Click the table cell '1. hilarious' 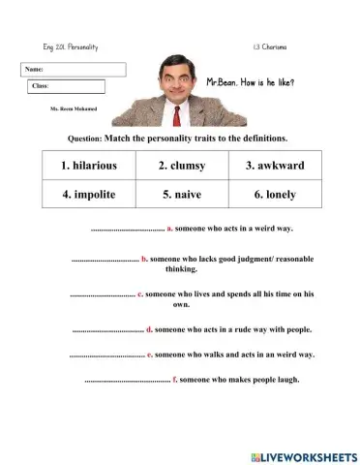pyautogui.click(x=88, y=166)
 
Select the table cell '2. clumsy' pyautogui.click(x=182, y=166)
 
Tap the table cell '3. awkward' pyautogui.click(x=275, y=166)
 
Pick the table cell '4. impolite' pyautogui.click(x=88, y=194)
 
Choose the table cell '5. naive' pyautogui.click(x=182, y=194)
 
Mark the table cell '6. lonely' pyautogui.click(x=275, y=194)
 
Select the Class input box pyautogui.click(x=76, y=86)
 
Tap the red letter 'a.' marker pyautogui.click(x=169, y=229)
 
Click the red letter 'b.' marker pyautogui.click(x=144, y=260)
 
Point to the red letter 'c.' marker pyautogui.click(x=141, y=293)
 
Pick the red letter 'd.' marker pyautogui.click(x=149, y=329)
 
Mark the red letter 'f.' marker pyautogui.click(x=174, y=379)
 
